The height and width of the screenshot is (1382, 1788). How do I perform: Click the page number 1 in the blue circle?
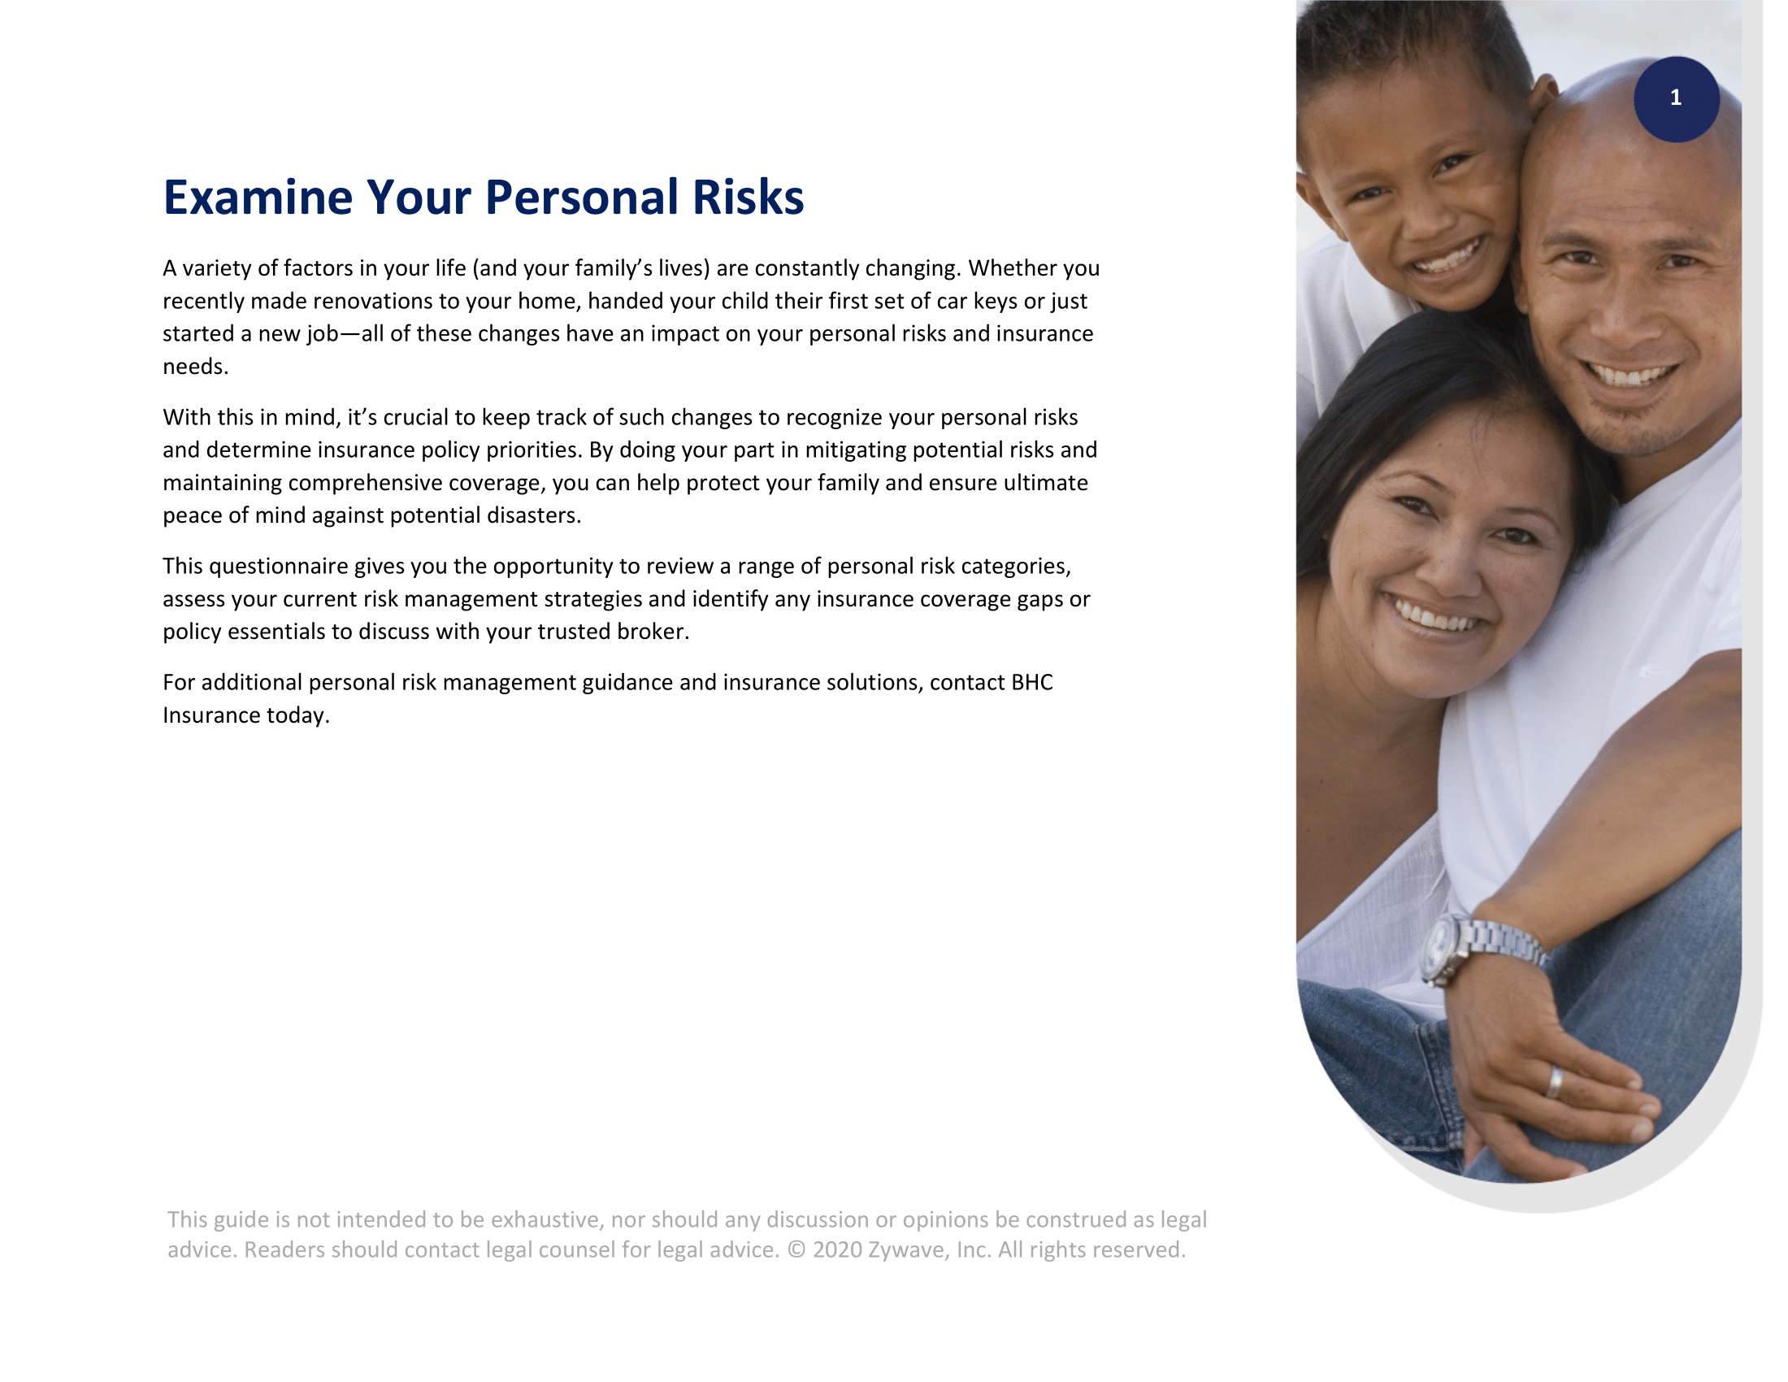1675,98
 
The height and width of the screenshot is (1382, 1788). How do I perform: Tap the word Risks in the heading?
748,198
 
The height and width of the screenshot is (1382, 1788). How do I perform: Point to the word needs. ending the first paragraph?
196,367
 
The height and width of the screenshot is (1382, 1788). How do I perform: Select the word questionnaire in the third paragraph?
278,567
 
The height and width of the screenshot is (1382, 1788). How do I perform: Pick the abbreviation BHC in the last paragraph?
1031,683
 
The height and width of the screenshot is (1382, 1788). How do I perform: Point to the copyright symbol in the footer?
796,1250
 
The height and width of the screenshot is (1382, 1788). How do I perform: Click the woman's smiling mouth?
1433,616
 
